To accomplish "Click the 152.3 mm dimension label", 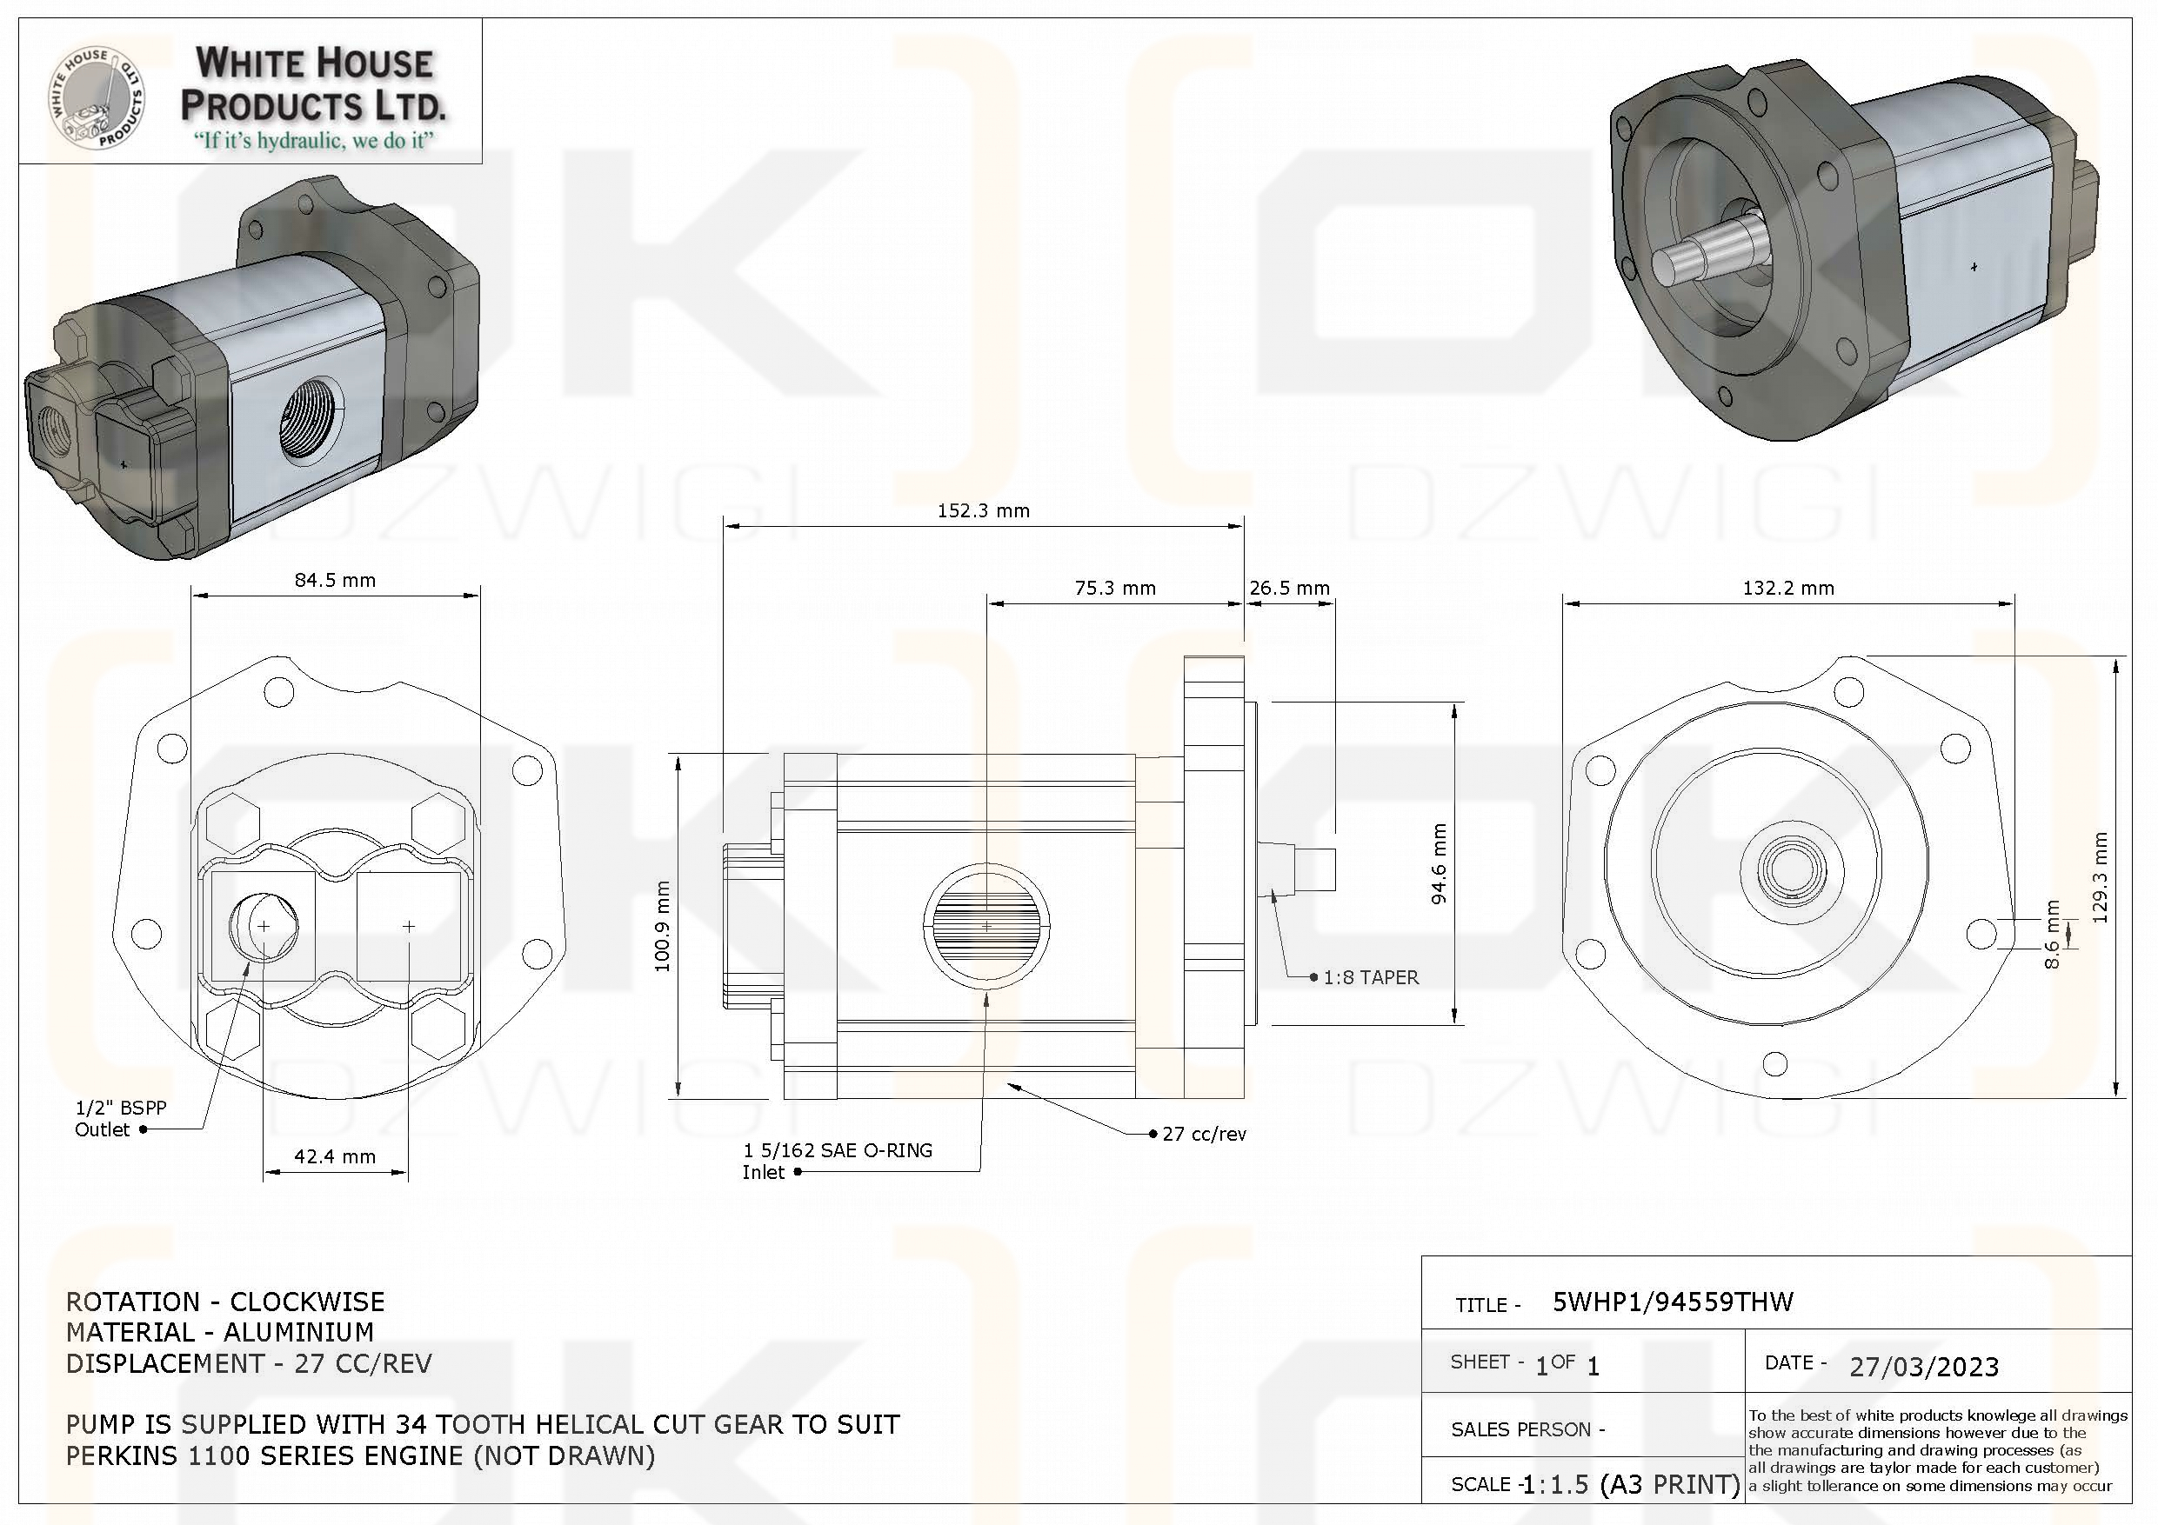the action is (983, 511).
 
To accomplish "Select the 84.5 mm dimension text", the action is (335, 581).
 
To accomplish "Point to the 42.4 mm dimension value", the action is (335, 1156).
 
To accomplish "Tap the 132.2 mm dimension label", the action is (1787, 589).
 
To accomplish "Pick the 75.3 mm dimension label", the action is (1115, 589).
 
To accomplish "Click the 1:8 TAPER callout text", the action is (1370, 978).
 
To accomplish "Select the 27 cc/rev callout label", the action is (1204, 1134).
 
